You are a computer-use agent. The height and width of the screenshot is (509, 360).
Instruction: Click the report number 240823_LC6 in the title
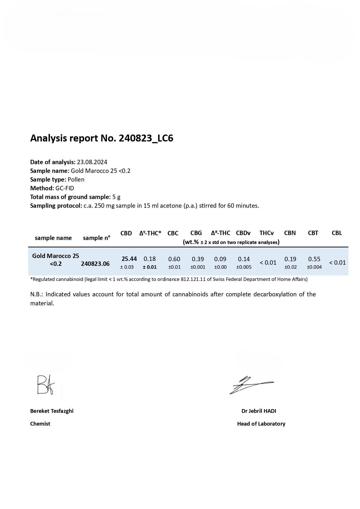146,138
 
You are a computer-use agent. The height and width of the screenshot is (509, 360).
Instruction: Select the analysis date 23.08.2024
92,162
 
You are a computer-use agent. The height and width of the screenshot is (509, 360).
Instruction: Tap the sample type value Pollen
76,180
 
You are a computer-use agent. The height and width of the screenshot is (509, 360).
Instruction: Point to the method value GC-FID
65,188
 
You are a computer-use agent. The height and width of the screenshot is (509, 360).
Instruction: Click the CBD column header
126,233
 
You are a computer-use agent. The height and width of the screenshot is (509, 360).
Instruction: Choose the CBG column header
196,233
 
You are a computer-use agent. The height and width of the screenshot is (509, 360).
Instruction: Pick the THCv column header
267,233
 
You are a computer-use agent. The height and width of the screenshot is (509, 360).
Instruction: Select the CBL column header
337,233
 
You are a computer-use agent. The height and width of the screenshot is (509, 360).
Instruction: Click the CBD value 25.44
129,259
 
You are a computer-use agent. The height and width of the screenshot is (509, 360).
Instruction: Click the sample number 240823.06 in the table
95,264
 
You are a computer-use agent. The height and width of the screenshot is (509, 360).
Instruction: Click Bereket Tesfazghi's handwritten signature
46,385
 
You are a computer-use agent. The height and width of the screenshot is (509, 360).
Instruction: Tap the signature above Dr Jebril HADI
251,385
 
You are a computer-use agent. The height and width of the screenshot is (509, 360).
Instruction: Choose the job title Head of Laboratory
261,424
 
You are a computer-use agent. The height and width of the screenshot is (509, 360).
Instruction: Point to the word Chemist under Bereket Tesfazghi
40,424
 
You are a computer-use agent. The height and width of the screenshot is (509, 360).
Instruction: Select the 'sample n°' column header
97,238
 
